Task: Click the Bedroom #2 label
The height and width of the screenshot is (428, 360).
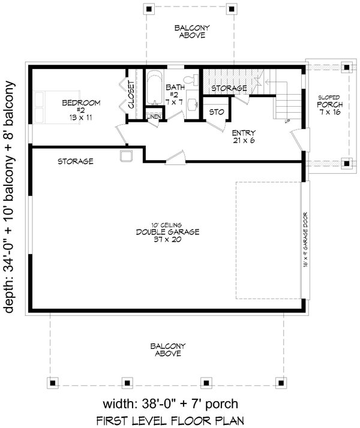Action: [81, 110]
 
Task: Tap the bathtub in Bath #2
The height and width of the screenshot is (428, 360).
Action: [155, 88]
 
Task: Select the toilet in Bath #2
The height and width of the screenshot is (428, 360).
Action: [191, 80]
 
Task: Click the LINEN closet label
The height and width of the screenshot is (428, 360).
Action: [154, 117]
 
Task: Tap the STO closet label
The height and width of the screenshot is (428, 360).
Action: [217, 112]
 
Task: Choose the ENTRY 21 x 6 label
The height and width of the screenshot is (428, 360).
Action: [244, 137]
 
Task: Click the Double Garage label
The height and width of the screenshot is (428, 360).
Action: [168, 233]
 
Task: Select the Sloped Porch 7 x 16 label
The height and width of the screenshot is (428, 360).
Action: [330, 104]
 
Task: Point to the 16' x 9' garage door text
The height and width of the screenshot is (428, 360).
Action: [305, 239]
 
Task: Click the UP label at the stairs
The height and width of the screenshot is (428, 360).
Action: [287, 121]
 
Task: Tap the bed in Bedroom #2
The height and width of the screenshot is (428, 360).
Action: [56, 107]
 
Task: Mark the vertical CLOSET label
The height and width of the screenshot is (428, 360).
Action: [131, 94]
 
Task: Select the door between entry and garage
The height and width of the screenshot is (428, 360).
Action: [176, 158]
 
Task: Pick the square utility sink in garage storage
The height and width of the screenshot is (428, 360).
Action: [126, 156]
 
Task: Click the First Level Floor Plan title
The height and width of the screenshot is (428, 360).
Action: [170, 420]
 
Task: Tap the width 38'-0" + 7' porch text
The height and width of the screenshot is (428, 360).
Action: [170, 403]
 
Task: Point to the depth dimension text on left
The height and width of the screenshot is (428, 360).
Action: [9, 197]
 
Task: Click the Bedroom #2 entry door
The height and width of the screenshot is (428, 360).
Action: [122, 134]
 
